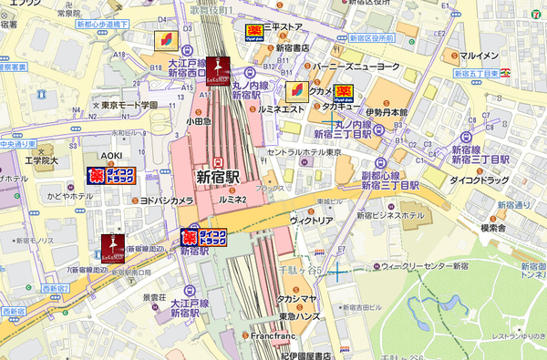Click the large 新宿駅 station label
pos(220,175)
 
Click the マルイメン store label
pos(479,43)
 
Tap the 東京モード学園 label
pos(129,105)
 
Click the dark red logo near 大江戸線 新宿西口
pos(219,68)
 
